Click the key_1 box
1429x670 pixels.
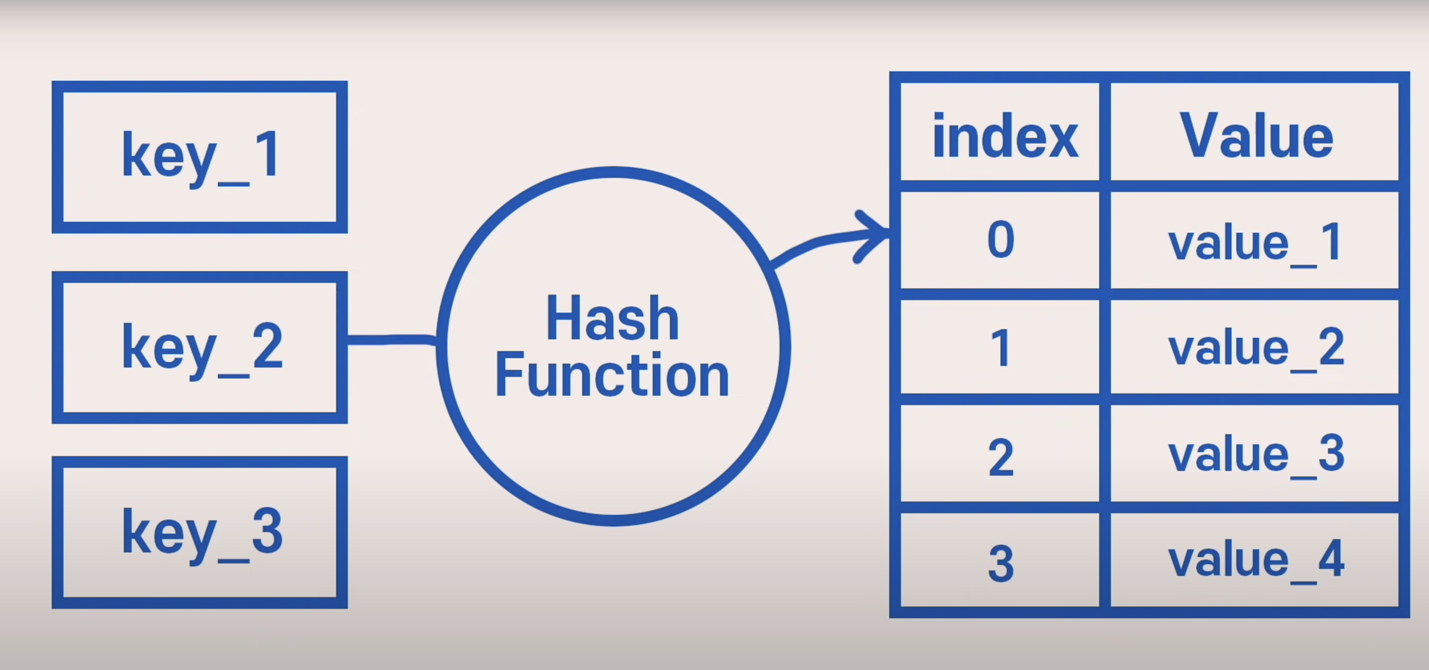[200, 157]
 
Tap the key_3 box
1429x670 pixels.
[200, 532]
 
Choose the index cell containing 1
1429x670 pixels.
[1000, 347]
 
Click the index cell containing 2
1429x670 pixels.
[1000, 454]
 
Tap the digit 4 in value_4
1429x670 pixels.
[1330, 558]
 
